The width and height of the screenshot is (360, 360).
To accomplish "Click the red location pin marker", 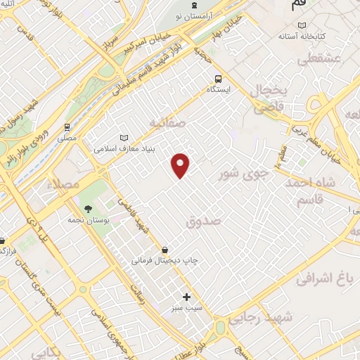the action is click(x=181, y=165).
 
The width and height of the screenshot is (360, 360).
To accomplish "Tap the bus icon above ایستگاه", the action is click(x=218, y=79).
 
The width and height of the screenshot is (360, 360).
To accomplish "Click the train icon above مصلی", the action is click(x=67, y=127).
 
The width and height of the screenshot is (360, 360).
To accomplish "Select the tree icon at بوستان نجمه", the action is click(x=87, y=209).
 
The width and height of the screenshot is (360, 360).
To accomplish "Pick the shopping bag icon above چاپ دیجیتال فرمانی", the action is click(x=165, y=250).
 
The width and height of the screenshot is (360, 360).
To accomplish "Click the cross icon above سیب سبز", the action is click(x=186, y=297).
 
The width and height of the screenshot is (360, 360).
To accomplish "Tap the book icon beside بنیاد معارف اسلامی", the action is click(x=124, y=138).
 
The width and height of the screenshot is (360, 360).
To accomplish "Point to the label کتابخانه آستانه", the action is click(x=301, y=35).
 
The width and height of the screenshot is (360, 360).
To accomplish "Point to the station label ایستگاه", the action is click(x=218, y=90).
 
